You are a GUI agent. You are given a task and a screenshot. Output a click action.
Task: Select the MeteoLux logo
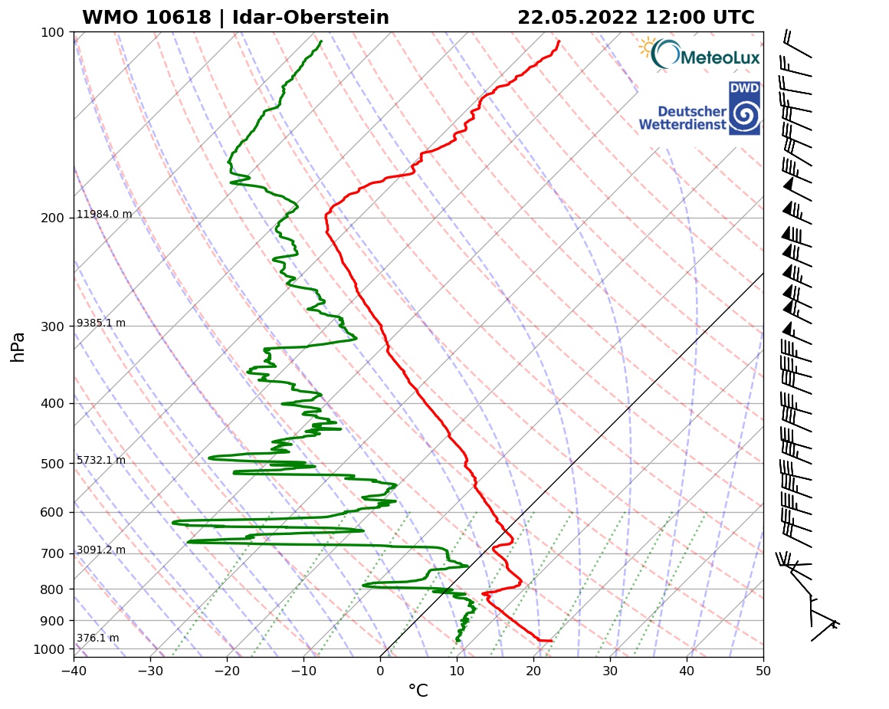[x=700, y=54]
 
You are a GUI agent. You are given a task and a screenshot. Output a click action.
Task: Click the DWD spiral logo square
[x=744, y=109]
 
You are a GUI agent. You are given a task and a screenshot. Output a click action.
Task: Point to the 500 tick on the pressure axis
[x=52, y=464]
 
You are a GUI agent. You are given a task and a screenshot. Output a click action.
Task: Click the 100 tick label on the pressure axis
[x=52, y=32]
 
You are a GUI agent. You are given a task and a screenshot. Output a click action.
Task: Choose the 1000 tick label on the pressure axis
[x=49, y=650]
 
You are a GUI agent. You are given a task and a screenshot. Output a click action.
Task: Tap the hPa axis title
[x=18, y=346]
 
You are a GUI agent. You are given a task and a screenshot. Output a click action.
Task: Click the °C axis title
[x=418, y=691]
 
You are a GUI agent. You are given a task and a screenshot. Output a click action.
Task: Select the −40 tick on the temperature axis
[x=74, y=671]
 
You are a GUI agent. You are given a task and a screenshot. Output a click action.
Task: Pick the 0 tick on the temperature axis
[x=380, y=671]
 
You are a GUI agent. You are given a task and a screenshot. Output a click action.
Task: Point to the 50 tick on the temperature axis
[x=763, y=671]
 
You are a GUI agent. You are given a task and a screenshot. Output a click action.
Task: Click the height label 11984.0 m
[x=104, y=215]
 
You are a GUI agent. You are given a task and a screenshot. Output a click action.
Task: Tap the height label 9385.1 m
[x=101, y=323]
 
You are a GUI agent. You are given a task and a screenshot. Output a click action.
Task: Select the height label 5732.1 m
[x=101, y=461]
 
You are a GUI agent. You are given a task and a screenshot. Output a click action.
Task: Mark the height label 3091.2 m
[x=101, y=550]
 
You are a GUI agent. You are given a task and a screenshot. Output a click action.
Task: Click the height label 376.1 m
[x=98, y=638]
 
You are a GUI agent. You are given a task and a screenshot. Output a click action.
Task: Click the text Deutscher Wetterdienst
[x=682, y=118]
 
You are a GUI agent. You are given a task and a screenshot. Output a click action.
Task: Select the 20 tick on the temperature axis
[x=533, y=671]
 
